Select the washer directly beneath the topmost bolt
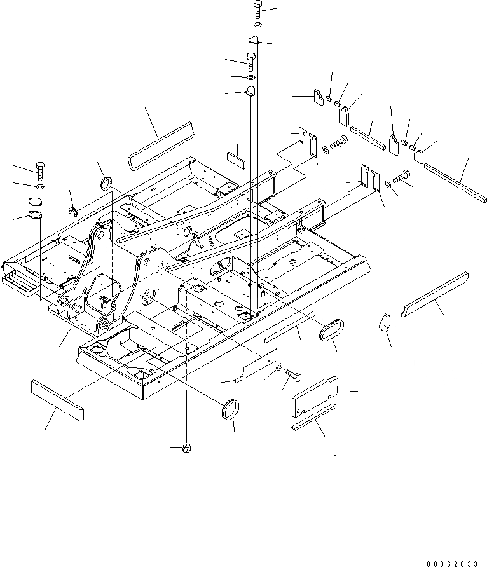[x=256, y=25]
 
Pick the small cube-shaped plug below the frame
[x=187, y=449]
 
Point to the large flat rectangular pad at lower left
[x=57, y=399]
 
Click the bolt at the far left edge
[x=39, y=170]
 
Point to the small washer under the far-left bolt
[x=40, y=187]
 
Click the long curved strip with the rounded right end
[x=435, y=292]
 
